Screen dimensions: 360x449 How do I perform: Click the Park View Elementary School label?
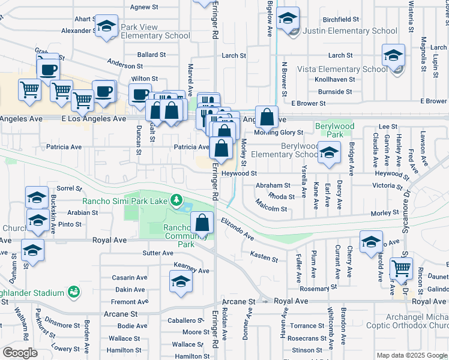pos(155,32)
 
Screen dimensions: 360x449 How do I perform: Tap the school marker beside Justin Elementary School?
pos(289,19)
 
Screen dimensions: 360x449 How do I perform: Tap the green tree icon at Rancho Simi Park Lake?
pos(176,199)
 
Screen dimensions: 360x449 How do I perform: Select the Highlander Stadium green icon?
pos(74,292)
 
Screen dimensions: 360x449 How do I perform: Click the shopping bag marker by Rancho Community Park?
pos(202,223)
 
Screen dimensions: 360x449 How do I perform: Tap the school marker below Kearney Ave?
pos(181,281)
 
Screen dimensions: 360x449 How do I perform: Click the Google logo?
pos(20,353)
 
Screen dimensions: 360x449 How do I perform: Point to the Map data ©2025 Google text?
pos(412,355)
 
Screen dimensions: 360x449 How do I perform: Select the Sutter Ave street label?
pos(158,253)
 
